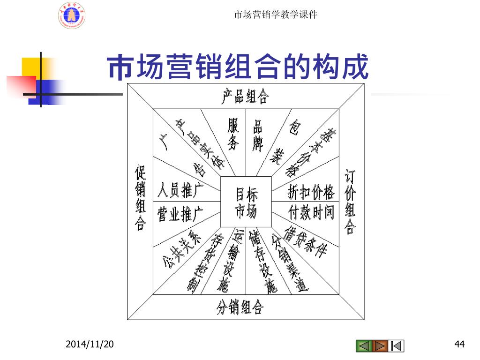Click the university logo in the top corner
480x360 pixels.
(x=71, y=15)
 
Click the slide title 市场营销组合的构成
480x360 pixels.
(x=238, y=68)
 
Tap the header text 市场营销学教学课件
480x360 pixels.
(x=275, y=15)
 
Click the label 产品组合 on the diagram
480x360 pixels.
(x=245, y=97)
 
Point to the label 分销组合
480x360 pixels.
(x=240, y=307)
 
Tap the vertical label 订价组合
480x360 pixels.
(x=350, y=202)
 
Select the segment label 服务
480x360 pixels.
(x=233, y=134)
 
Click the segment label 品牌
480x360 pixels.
(x=258, y=135)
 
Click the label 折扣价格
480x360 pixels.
(x=311, y=192)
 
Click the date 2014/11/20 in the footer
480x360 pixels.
(x=90, y=345)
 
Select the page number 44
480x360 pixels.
(x=459, y=345)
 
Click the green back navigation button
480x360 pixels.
(x=364, y=346)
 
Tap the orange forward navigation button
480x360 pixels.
(x=380, y=346)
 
